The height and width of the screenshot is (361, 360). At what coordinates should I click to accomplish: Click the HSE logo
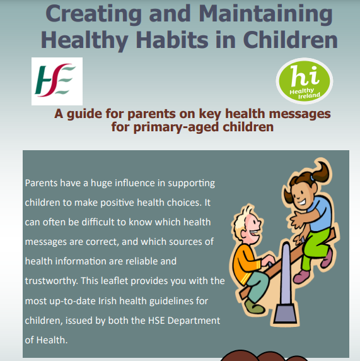[x=57, y=81]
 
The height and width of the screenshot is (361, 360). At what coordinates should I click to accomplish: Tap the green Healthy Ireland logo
[x=305, y=81]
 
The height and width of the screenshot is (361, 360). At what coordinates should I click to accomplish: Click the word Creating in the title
[x=93, y=14]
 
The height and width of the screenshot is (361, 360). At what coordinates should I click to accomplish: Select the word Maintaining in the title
[x=265, y=14]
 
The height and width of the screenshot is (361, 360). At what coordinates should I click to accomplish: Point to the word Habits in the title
[x=172, y=40]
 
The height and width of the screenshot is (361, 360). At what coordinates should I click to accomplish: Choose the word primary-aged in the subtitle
[x=176, y=127]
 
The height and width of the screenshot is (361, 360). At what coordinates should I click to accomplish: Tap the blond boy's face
[x=252, y=227]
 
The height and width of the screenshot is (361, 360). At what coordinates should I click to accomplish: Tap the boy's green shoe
[x=254, y=307]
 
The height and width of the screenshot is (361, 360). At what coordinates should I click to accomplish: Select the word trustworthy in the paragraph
[x=51, y=281]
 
